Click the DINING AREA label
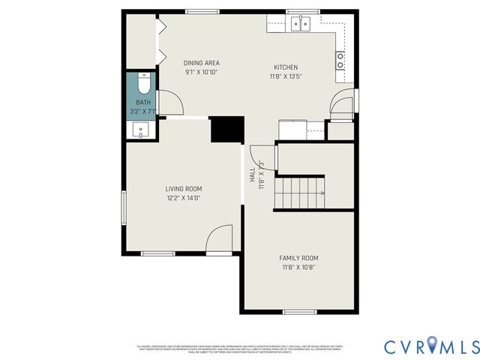202,63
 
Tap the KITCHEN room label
286,67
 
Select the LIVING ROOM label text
184,189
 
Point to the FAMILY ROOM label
299,258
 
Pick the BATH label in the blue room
142,103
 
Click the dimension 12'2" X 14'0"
184,198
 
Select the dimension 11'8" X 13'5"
286,76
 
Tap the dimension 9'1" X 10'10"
202,73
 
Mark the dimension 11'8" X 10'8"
299,267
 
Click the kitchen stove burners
341,61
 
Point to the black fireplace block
227,129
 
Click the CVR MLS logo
431,346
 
